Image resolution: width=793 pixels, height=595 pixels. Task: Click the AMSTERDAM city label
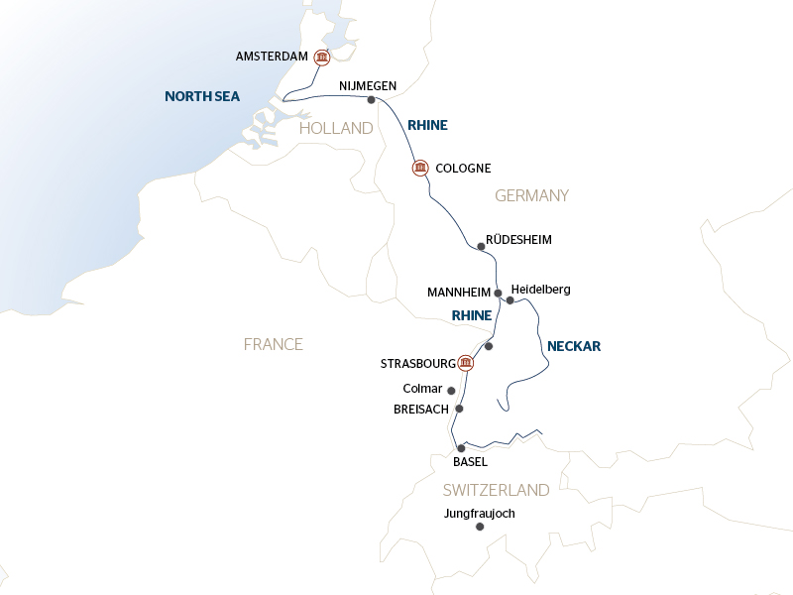point(273,58)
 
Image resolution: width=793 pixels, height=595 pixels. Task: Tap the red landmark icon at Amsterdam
point(321,59)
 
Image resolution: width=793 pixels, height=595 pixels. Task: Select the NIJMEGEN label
point(367,86)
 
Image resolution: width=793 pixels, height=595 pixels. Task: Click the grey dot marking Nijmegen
point(371,100)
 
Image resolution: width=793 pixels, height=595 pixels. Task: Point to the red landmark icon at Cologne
point(419,168)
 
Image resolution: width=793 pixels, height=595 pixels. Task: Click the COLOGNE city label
point(463,169)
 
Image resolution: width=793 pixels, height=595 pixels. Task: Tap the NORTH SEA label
point(203,96)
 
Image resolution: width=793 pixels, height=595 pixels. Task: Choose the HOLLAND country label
point(336,129)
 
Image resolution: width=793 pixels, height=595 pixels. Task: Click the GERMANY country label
point(531,196)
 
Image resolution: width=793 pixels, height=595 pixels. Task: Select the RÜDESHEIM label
point(518,240)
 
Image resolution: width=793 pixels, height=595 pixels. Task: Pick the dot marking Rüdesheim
point(481,246)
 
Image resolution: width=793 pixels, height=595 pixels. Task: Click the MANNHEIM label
point(459,293)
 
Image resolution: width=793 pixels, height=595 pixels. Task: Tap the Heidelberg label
point(541,290)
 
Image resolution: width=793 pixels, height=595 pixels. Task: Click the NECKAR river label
point(574,347)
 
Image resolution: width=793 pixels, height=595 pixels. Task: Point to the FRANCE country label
point(273,344)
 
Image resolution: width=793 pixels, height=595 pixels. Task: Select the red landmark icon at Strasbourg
point(466,363)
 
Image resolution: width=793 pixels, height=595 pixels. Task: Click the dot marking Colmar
point(452,391)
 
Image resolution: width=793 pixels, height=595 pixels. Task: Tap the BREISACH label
point(421,409)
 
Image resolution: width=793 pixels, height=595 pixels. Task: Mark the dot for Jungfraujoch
point(480,528)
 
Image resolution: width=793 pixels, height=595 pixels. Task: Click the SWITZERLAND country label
point(496,490)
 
